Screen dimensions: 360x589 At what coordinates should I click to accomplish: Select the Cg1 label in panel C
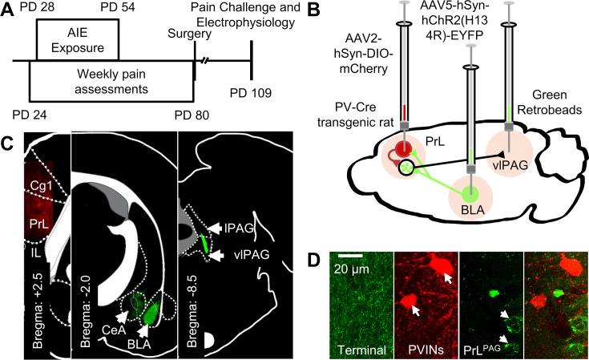click(x=38, y=188)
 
